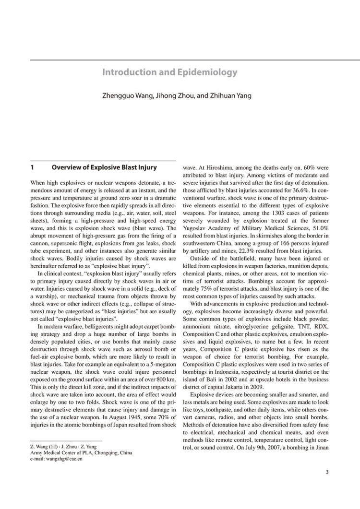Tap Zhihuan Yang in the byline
(230, 95)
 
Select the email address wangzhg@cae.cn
(62, 459)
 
